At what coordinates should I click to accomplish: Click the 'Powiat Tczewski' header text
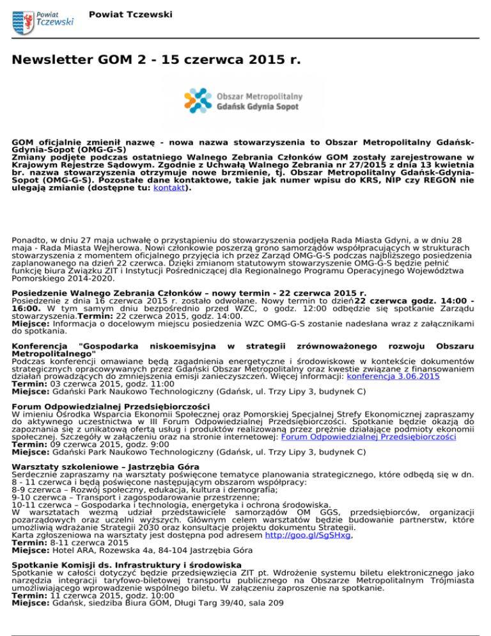click(x=127, y=13)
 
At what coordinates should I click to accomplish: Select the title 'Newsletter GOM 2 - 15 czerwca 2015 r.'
click(x=156, y=61)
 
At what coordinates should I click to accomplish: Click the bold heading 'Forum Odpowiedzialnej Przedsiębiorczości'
click(x=111, y=406)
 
